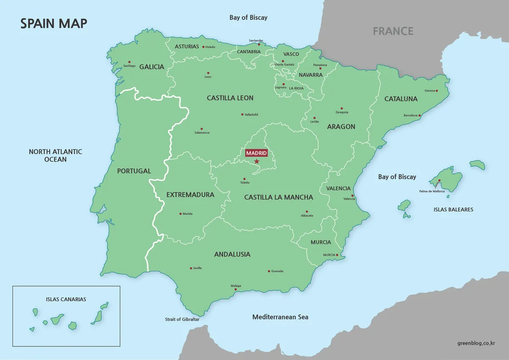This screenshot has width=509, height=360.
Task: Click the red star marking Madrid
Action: (x=257, y=161)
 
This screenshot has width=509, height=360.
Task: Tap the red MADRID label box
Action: (x=257, y=153)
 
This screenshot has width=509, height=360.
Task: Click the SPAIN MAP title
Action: (x=54, y=23)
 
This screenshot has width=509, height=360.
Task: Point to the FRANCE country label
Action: (x=393, y=31)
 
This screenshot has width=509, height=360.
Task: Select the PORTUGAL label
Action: (x=134, y=171)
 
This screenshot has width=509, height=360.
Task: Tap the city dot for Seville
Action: (x=191, y=268)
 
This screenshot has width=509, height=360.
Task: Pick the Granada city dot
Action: (x=269, y=271)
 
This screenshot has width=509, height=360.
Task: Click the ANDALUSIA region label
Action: (x=232, y=254)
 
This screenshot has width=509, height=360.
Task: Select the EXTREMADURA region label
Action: (x=190, y=195)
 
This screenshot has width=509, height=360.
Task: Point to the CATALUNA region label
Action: (x=401, y=99)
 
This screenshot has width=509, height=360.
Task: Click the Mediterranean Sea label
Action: (x=280, y=317)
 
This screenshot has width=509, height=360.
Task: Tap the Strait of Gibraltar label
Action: (x=182, y=319)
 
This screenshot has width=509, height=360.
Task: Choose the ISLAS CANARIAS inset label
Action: (x=66, y=299)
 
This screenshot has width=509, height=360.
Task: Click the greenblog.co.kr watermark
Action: (x=477, y=343)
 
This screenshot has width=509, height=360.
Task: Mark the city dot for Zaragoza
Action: (x=341, y=108)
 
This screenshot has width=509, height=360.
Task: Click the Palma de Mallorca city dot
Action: (x=439, y=181)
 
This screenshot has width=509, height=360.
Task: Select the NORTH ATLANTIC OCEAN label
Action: (x=56, y=155)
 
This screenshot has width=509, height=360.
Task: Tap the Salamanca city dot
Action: (x=201, y=129)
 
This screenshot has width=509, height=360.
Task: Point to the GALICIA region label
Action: (x=151, y=67)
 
